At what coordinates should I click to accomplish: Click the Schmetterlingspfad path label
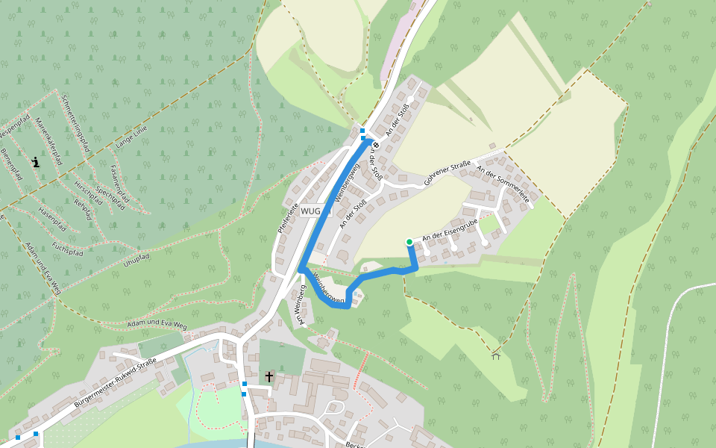pyautogui.click(x=75, y=123)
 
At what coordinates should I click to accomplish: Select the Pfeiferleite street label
pyautogui.click(x=288, y=217)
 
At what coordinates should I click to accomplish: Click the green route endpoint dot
pyautogui.click(x=409, y=241)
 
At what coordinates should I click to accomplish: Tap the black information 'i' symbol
pyautogui.click(x=35, y=161)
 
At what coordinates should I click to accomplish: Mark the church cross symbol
pyautogui.click(x=268, y=376)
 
